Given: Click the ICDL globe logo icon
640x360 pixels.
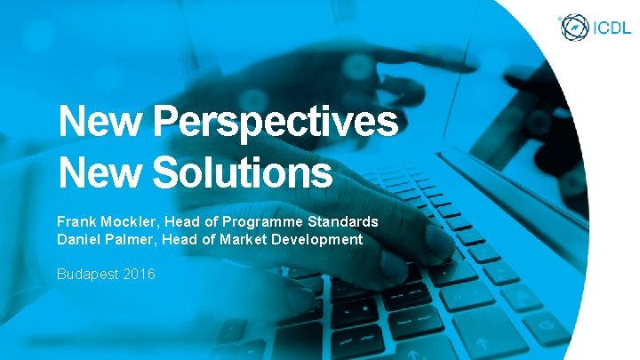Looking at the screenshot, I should point(573,26).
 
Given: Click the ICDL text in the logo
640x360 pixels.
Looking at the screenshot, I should point(610,27).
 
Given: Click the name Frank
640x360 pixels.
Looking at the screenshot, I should point(77,221).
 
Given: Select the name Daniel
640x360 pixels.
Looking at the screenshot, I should point(79,239).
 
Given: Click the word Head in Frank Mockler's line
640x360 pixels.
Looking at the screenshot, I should point(188,221).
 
